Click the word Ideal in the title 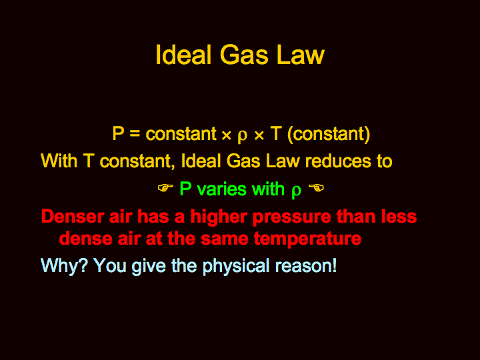pyautogui.click(x=184, y=55)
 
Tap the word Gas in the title pyautogui.click(x=244, y=55)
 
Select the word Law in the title pyautogui.click(x=300, y=55)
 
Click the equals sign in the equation pyautogui.click(x=135, y=134)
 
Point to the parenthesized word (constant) pyautogui.click(x=329, y=134)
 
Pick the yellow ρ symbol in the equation pyautogui.click(x=242, y=136)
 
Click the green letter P pyautogui.click(x=185, y=189)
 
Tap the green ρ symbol pyautogui.click(x=296, y=191)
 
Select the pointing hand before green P pyautogui.click(x=165, y=187)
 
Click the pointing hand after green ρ pyautogui.click(x=316, y=187)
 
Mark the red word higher pyautogui.click(x=219, y=217)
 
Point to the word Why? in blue pyautogui.click(x=64, y=265)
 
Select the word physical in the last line pyautogui.click(x=236, y=266)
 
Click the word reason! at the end pyautogui.click(x=306, y=266)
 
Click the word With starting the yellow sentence pyautogui.click(x=59, y=161)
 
